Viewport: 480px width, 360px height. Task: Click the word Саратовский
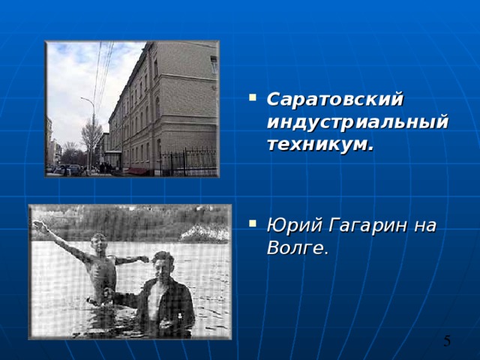click(334, 99)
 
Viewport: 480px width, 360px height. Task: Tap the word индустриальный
click(357, 122)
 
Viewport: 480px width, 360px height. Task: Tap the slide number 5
click(447, 342)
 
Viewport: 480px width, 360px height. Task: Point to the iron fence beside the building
click(187, 160)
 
